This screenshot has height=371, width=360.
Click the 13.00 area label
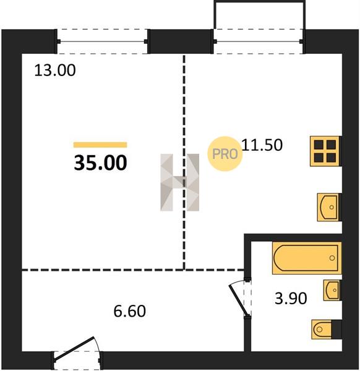(x=55, y=70)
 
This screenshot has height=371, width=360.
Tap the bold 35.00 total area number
(x=101, y=163)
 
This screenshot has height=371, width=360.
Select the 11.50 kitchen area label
(x=262, y=145)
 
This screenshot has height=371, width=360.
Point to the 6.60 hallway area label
(x=130, y=311)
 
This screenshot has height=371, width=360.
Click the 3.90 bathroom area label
(x=291, y=298)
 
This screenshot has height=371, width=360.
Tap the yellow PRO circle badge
(x=225, y=154)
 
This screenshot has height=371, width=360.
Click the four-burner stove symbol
(x=325, y=151)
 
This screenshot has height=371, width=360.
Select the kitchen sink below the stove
(x=328, y=207)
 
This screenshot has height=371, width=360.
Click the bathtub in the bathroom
(x=307, y=258)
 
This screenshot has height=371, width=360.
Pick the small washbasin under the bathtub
(x=332, y=291)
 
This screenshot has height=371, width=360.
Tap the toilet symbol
(x=327, y=329)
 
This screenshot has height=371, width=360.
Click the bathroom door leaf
(x=239, y=301)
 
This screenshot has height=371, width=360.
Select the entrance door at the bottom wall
(x=74, y=349)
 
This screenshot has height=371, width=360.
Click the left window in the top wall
(x=102, y=41)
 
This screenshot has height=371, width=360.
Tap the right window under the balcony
(x=258, y=41)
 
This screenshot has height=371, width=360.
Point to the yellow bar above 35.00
(x=100, y=145)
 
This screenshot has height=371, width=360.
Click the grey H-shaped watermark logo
(x=180, y=182)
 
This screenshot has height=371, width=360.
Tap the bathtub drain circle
(x=332, y=258)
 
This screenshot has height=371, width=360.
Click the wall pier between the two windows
(x=181, y=41)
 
